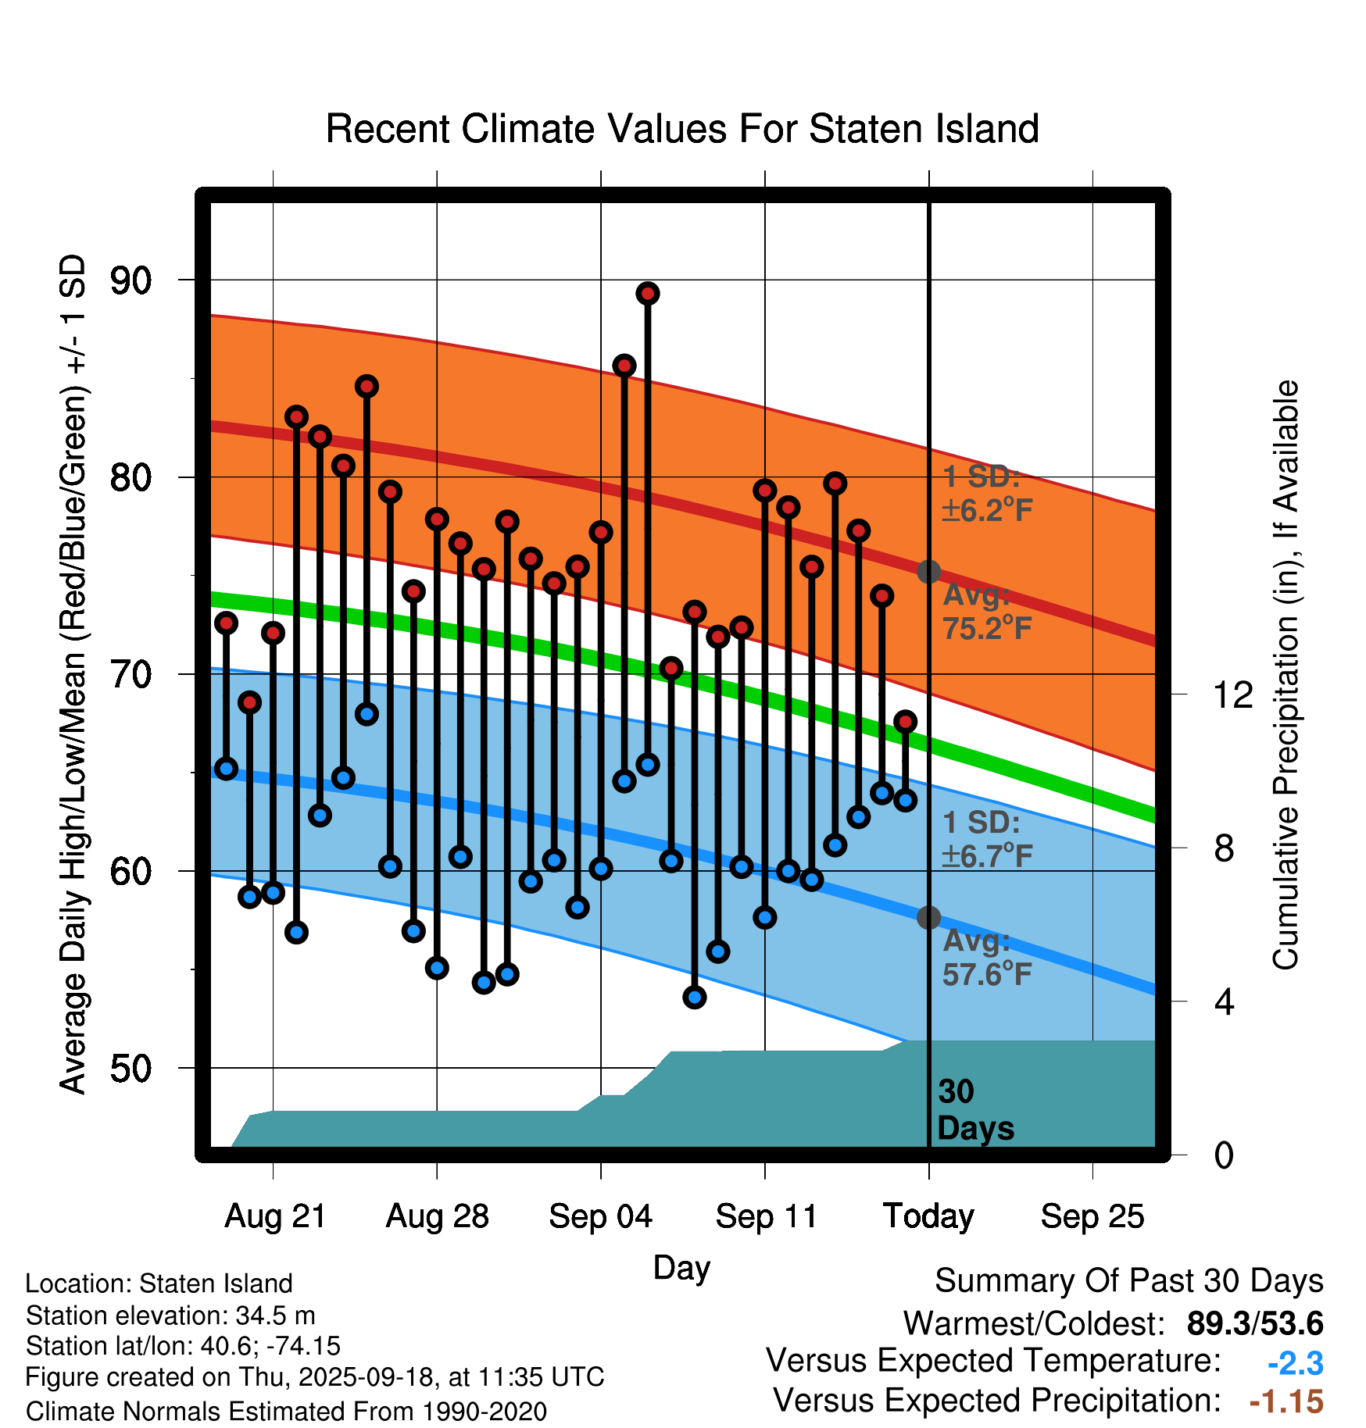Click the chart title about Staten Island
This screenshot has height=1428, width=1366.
click(682, 129)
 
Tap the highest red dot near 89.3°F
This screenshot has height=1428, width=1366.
click(648, 294)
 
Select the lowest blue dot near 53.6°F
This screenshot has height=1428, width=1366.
click(695, 997)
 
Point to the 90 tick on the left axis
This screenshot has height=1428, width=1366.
click(131, 280)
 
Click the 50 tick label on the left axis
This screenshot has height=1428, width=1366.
click(131, 1068)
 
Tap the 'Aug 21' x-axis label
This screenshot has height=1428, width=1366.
click(275, 1216)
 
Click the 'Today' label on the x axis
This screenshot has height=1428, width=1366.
click(928, 1216)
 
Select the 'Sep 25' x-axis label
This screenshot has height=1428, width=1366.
click(1092, 1216)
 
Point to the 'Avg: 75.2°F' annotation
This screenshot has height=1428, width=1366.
click(987, 612)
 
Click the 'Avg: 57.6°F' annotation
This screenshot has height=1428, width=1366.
click(987, 958)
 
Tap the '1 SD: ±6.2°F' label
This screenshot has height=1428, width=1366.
click(987, 494)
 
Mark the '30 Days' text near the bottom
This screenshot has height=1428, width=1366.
click(974, 1110)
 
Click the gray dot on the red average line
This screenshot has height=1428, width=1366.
click(928, 572)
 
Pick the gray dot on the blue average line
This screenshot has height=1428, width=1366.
click(928, 917)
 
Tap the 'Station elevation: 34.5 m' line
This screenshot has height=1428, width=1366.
click(170, 1316)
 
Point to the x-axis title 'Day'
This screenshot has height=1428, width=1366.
click(681, 1267)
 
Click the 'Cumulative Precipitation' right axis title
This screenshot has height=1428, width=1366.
click(1286, 675)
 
